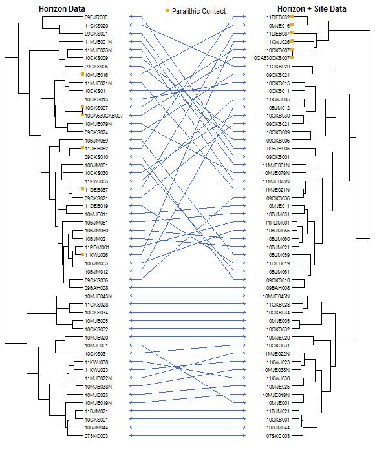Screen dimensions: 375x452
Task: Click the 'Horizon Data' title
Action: [x=62, y=9]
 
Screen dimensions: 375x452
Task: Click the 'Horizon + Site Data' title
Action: [x=312, y=9]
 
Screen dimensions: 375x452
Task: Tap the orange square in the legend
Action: [x=167, y=11]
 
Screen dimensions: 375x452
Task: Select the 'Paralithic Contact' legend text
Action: [x=198, y=11]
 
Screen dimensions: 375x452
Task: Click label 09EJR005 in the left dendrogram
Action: [x=96, y=17]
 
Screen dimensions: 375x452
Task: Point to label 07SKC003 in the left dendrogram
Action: [x=96, y=436]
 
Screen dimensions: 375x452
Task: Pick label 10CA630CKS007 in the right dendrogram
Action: [x=270, y=58]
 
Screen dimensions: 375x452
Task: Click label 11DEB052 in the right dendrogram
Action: [x=278, y=17]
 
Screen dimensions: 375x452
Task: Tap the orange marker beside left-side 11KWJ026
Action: [x=82, y=254]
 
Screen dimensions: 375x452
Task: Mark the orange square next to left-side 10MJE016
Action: [x=82, y=74]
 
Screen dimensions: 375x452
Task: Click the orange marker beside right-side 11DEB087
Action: [x=292, y=33]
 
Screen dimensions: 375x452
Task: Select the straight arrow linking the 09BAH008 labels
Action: [x=187, y=288]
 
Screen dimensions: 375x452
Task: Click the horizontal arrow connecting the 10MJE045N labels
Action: [x=187, y=296]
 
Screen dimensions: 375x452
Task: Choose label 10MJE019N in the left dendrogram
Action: [x=98, y=403]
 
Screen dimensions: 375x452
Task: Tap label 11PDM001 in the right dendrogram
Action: [x=277, y=223]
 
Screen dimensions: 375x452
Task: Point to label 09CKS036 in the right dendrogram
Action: [x=278, y=198]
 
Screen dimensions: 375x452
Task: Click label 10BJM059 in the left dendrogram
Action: [x=96, y=141]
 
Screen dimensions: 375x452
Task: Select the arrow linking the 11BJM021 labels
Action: [x=187, y=411]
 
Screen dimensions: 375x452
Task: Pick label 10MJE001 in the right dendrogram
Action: [x=278, y=403]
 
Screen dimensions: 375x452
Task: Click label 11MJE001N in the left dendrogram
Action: [x=98, y=42]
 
